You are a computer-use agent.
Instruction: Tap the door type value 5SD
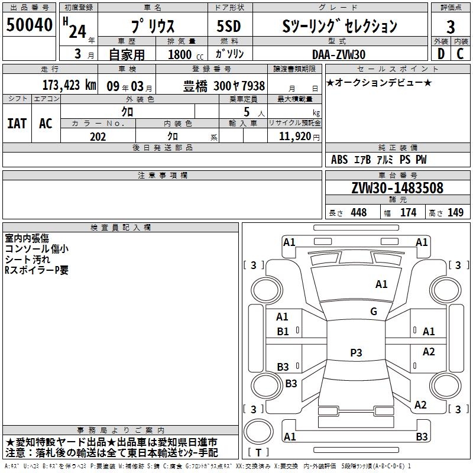point(228,27)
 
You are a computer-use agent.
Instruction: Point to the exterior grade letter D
point(440,53)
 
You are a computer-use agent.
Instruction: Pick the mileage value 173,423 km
point(69,85)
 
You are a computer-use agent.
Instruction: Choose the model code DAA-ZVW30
point(339,54)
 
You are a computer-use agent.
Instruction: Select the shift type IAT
point(17,123)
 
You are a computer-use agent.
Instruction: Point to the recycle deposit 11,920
point(294,137)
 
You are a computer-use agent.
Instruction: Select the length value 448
point(358,212)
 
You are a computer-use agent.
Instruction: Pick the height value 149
point(455,212)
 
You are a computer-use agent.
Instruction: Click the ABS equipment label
point(339,160)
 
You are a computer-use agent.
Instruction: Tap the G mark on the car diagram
point(374,311)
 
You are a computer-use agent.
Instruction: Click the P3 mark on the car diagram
point(356,352)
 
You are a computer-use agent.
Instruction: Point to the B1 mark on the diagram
point(283,331)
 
